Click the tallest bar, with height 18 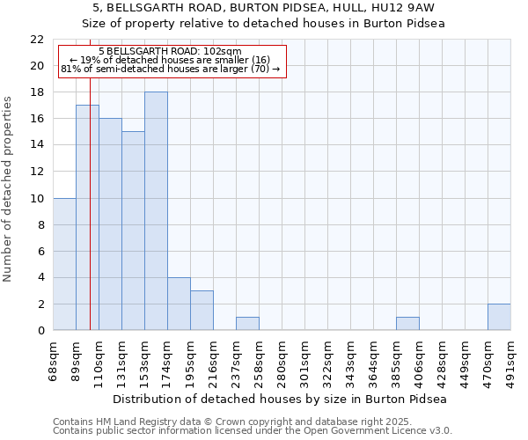point(156,211)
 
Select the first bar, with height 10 point(64,264)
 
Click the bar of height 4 point(179,304)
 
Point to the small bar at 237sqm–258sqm point(247,324)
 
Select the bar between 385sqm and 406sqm point(407,324)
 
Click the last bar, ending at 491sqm point(499,317)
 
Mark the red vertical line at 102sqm point(90,220)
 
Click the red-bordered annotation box point(172,61)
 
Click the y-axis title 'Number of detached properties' point(9,189)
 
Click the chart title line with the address point(264,8)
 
